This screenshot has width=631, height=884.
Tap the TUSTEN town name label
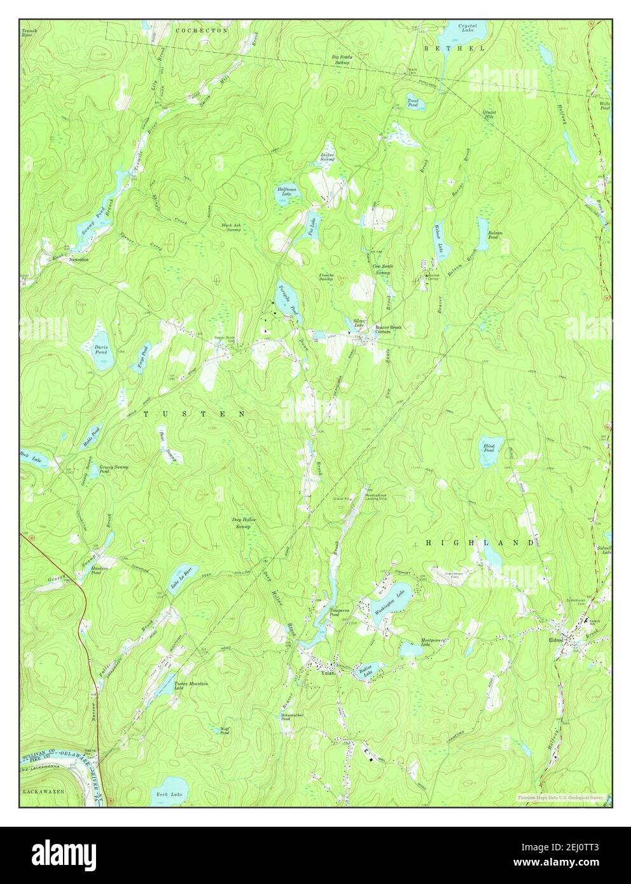[194, 414]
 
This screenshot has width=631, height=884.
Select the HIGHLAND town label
[480, 542]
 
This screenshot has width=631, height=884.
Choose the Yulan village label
[328, 673]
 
